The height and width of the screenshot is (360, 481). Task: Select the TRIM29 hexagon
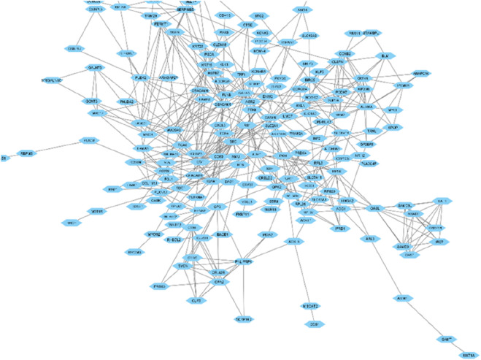point(151,15)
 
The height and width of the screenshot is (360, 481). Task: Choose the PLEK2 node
point(141,77)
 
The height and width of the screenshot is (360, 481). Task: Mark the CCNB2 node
point(345,54)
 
